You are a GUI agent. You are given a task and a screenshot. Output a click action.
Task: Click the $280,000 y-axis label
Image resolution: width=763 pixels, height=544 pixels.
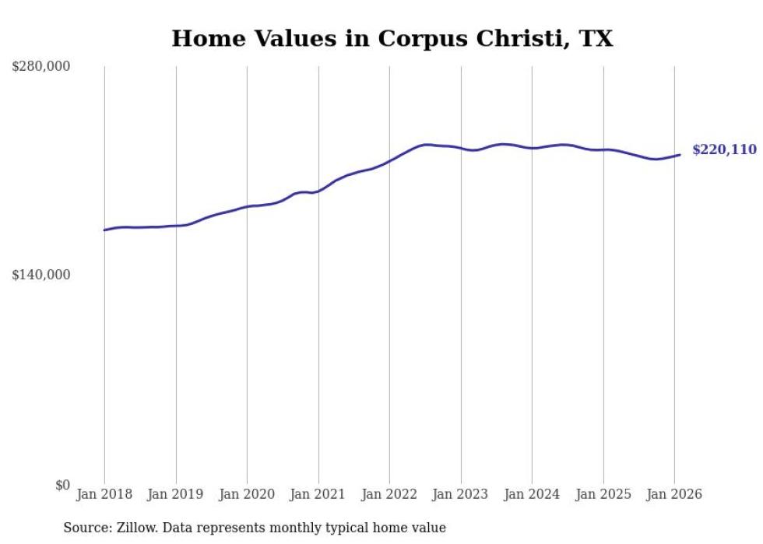[40, 67]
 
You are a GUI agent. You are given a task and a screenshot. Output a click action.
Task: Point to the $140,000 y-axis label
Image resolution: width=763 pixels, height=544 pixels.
[40, 275]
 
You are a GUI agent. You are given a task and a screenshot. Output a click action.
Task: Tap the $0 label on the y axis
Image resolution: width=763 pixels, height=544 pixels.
[62, 485]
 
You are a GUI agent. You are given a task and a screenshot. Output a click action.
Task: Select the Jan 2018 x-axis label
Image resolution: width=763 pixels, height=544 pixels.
[104, 495]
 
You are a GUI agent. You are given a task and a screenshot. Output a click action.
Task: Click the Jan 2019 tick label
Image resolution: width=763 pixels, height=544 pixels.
[176, 495]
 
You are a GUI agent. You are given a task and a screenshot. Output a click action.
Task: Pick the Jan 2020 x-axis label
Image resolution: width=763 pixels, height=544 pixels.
[247, 495]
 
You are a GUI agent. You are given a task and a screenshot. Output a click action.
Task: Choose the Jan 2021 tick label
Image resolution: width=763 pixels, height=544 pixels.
[318, 495]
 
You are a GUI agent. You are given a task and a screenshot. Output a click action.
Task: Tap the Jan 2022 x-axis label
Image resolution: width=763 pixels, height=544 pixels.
[389, 495]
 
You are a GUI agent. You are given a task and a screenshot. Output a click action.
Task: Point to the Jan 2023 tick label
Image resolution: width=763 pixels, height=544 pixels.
[461, 495]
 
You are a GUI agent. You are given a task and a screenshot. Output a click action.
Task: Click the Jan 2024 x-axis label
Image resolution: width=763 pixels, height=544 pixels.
[532, 495]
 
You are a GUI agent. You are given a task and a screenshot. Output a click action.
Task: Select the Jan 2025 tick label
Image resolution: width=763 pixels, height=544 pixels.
[603, 495]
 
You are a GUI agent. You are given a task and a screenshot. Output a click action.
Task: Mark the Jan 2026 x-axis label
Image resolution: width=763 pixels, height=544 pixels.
[674, 495]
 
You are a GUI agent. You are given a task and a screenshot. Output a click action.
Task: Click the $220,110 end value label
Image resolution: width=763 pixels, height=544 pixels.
[724, 150]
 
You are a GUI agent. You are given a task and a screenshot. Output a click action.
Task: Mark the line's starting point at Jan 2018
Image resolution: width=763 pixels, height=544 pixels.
[104, 230]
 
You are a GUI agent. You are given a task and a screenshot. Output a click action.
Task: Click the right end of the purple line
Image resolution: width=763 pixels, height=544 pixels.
[680, 155]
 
